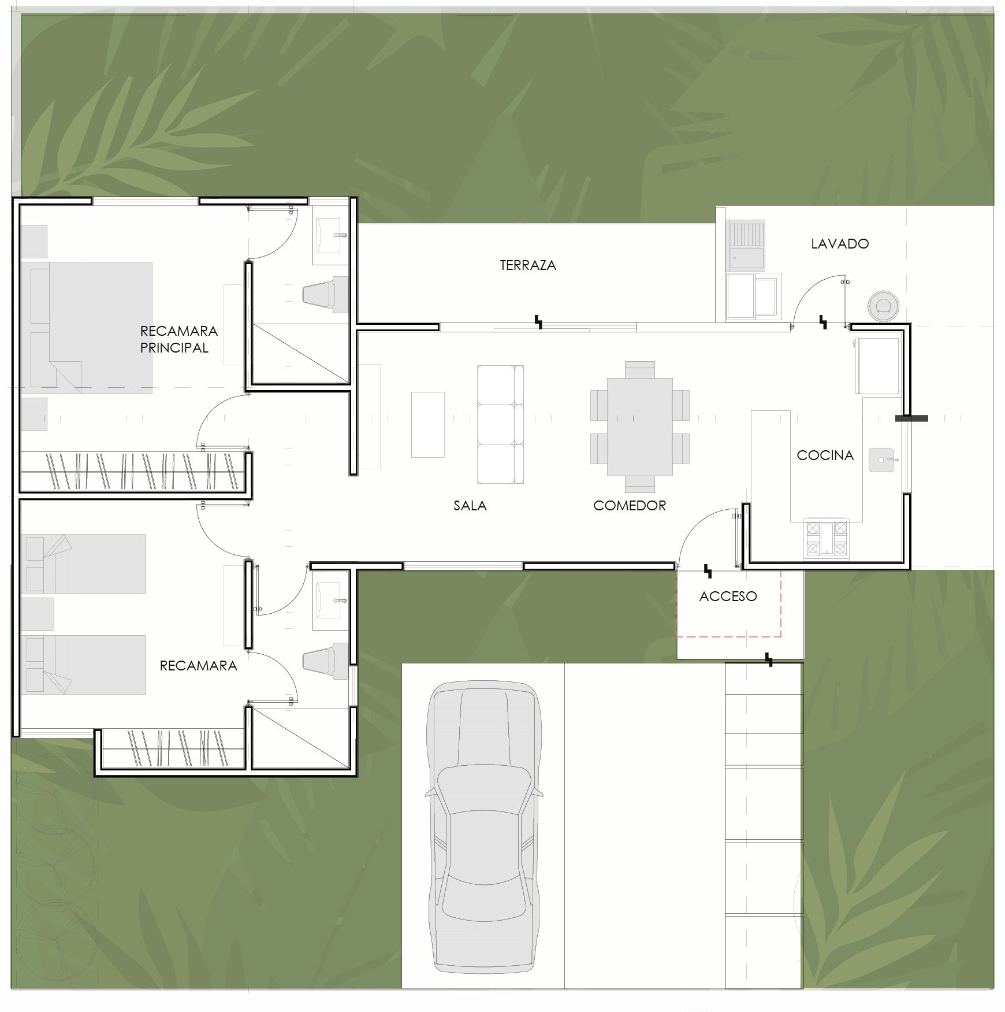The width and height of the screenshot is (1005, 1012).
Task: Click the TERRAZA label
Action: tap(528, 265)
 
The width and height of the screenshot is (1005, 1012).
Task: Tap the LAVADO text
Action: tap(840, 244)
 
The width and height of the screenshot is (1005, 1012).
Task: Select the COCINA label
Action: tap(825, 455)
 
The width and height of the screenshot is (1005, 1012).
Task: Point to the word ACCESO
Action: tap(728, 596)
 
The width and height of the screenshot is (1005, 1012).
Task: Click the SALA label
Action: tap(470, 506)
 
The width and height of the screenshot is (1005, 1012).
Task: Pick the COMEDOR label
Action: tap(630, 506)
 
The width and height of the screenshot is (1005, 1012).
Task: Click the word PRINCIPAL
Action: tap(174, 348)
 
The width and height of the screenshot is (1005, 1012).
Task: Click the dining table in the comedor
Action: tap(640, 427)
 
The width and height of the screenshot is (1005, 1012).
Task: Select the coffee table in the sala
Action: tap(428, 425)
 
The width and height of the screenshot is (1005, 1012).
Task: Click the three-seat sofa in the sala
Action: tap(500, 424)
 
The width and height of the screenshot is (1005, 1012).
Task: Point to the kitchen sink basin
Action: tap(881, 460)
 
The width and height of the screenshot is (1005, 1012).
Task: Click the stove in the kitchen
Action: tap(827, 539)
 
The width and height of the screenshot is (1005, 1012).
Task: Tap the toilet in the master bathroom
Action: tap(326, 294)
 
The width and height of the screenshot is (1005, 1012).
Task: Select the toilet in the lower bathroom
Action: tap(326, 661)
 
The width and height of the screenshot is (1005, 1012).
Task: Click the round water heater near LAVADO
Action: tap(883, 305)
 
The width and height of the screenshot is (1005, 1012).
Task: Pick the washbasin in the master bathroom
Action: tap(330, 236)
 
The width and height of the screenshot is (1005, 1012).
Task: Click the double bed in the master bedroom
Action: tap(87, 328)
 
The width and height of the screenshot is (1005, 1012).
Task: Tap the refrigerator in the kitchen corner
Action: tap(878, 366)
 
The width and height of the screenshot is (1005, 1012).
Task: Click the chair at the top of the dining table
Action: tap(640, 370)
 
